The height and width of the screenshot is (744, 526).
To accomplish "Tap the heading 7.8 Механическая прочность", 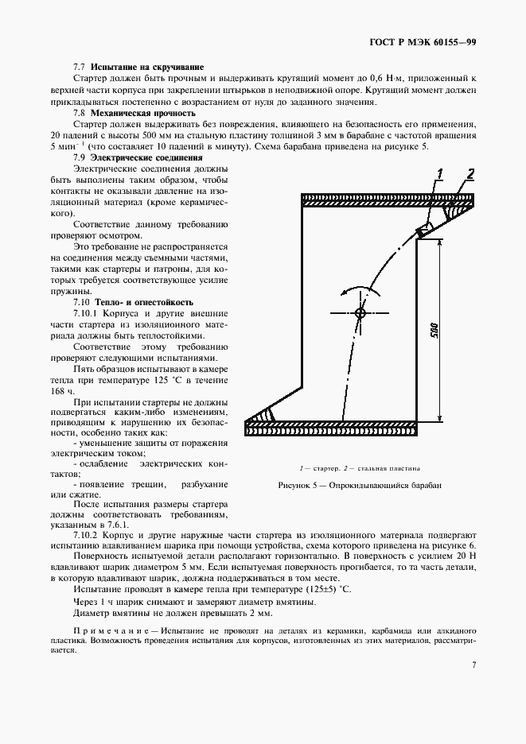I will (133, 113).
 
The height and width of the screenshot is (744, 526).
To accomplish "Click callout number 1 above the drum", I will (439, 172).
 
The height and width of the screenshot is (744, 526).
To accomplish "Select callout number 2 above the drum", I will (470, 173).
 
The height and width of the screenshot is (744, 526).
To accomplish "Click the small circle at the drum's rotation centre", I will (360, 314).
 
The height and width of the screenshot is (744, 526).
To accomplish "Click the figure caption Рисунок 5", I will (359, 485).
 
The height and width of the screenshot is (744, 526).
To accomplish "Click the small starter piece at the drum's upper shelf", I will (427, 229).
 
